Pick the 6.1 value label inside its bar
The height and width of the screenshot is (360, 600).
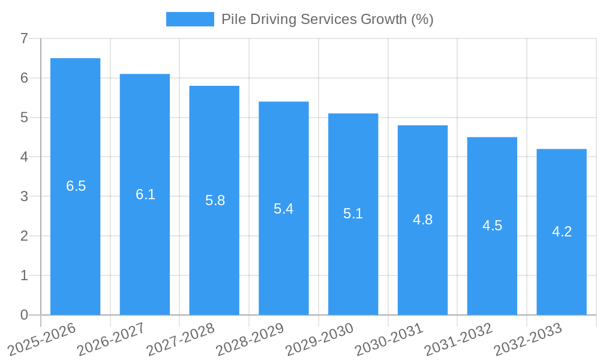pos(145,194)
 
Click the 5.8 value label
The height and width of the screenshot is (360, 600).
pos(215,200)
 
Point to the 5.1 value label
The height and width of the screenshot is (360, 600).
pos(353,214)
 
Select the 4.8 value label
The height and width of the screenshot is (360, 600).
pos(422,220)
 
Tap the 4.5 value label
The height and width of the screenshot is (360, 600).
pos(492,226)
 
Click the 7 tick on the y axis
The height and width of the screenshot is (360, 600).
pos(24,39)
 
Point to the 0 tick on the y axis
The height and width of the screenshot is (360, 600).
pos(24,315)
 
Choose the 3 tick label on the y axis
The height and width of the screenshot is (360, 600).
pos(24,197)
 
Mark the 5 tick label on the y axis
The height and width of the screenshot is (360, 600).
pos(24,118)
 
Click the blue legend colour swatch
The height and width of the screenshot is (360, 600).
pos(190,19)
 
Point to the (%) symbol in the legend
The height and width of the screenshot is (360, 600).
pos(422,19)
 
